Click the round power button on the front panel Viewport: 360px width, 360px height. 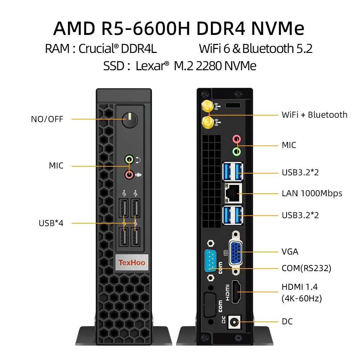[x=130, y=120]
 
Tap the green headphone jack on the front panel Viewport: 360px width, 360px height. [x=129, y=159]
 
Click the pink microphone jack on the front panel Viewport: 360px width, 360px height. [x=129, y=175]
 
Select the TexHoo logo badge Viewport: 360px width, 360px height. [x=132, y=262]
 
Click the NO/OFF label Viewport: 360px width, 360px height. [x=47, y=119]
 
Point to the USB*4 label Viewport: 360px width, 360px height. [x=51, y=223]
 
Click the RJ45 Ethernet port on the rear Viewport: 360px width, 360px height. [x=233, y=193]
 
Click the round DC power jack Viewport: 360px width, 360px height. [x=236, y=321]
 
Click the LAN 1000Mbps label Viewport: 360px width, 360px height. [x=312, y=193]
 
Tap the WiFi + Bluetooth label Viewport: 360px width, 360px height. [x=314, y=115]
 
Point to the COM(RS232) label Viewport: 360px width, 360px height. [x=306, y=268]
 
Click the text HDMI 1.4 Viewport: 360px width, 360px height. [x=300, y=287]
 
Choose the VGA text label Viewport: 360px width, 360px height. [x=290, y=251]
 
